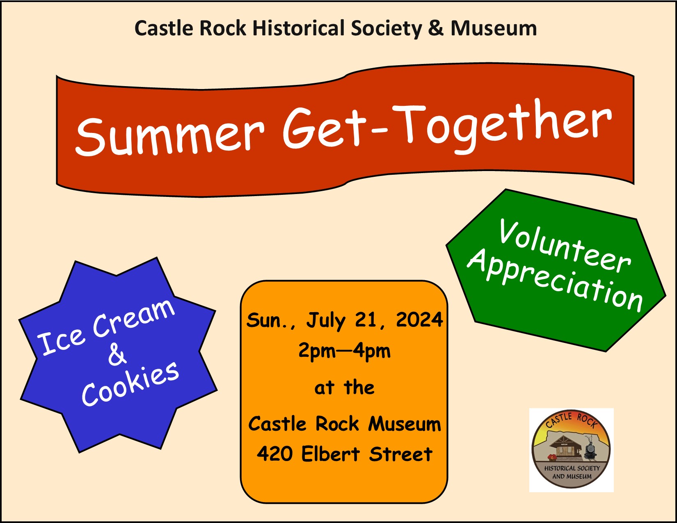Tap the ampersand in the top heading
[x=436, y=28]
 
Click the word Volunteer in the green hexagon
[x=564, y=247]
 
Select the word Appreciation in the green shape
[x=555, y=281]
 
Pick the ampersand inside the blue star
[x=117, y=355]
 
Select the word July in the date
[x=325, y=321]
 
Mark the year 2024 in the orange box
[x=419, y=320]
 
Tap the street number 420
[x=274, y=454]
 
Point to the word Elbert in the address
[x=331, y=453]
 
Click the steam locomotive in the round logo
[x=590, y=447]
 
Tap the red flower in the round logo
[x=553, y=457]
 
